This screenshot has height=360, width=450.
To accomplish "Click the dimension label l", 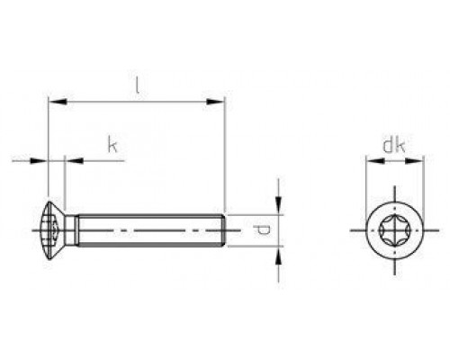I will coord(136,86).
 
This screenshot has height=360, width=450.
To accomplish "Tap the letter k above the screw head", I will coord(112,145).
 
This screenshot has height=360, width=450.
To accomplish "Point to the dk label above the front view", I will coord(392,145).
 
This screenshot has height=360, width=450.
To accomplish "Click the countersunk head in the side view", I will coord(56,231).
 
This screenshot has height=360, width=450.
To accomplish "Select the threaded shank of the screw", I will coord(148,231).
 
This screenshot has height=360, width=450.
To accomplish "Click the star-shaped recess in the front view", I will coord(394,231).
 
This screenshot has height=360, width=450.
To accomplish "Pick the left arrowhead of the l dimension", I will coord(52,102).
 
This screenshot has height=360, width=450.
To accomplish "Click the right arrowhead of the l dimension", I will coord(218,102).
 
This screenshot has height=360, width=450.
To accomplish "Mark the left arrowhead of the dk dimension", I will coord(370,161).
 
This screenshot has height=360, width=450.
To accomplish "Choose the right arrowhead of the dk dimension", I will coord(417,161).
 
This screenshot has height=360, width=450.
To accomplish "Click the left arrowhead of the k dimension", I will coord(40,161).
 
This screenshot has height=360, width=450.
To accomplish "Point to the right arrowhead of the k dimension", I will coord(72,161).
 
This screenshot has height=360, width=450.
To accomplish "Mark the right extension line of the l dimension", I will coord(225,153).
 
